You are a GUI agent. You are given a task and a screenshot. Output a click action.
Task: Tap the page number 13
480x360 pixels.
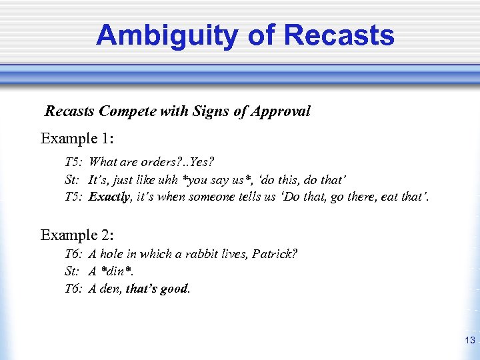point(469,341)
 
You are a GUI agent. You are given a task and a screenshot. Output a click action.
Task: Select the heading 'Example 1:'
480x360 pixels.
point(77,139)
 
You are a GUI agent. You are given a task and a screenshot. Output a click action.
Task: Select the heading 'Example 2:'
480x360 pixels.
point(77,235)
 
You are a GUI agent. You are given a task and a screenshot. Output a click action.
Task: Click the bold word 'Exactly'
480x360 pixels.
point(110,197)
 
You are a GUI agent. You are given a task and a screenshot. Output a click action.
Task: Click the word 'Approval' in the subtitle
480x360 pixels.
point(281,111)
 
